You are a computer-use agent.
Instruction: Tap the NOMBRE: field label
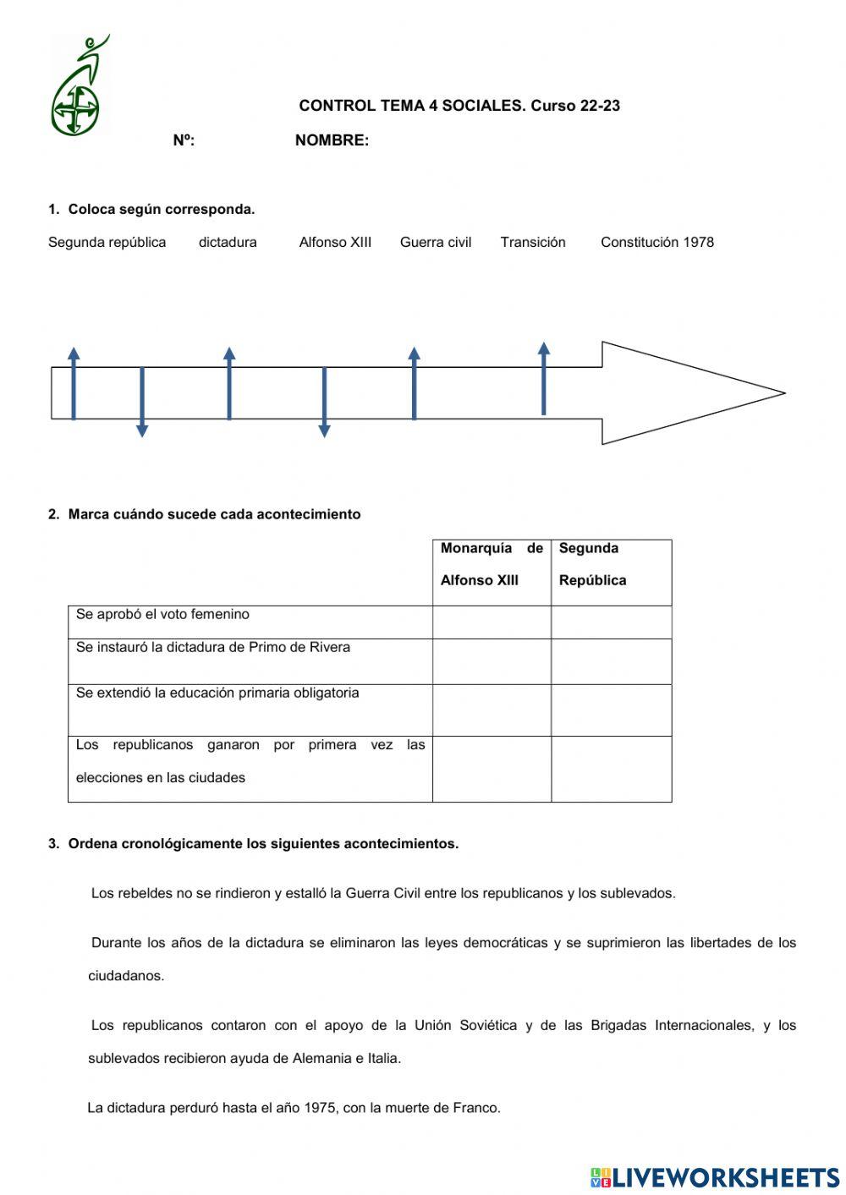click(x=332, y=140)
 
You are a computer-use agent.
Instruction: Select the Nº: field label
click(x=184, y=140)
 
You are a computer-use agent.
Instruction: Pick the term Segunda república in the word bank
click(x=107, y=242)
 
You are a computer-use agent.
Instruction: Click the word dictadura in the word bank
click(x=228, y=242)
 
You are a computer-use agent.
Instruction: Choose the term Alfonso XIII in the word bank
click(x=335, y=242)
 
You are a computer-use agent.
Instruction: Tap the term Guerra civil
click(x=436, y=242)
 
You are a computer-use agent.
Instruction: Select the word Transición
click(x=533, y=242)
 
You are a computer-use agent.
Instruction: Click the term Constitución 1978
click(x=657, y=242)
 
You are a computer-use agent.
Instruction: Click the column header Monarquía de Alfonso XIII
click(x=492, y=564)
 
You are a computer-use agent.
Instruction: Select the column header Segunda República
click(x=611, y=564)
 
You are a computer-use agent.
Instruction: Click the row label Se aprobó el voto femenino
click(x=162, y=615)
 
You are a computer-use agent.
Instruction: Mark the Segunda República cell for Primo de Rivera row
click(x=611, y=661)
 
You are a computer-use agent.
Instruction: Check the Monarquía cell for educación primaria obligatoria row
click(x=492, y=710)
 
